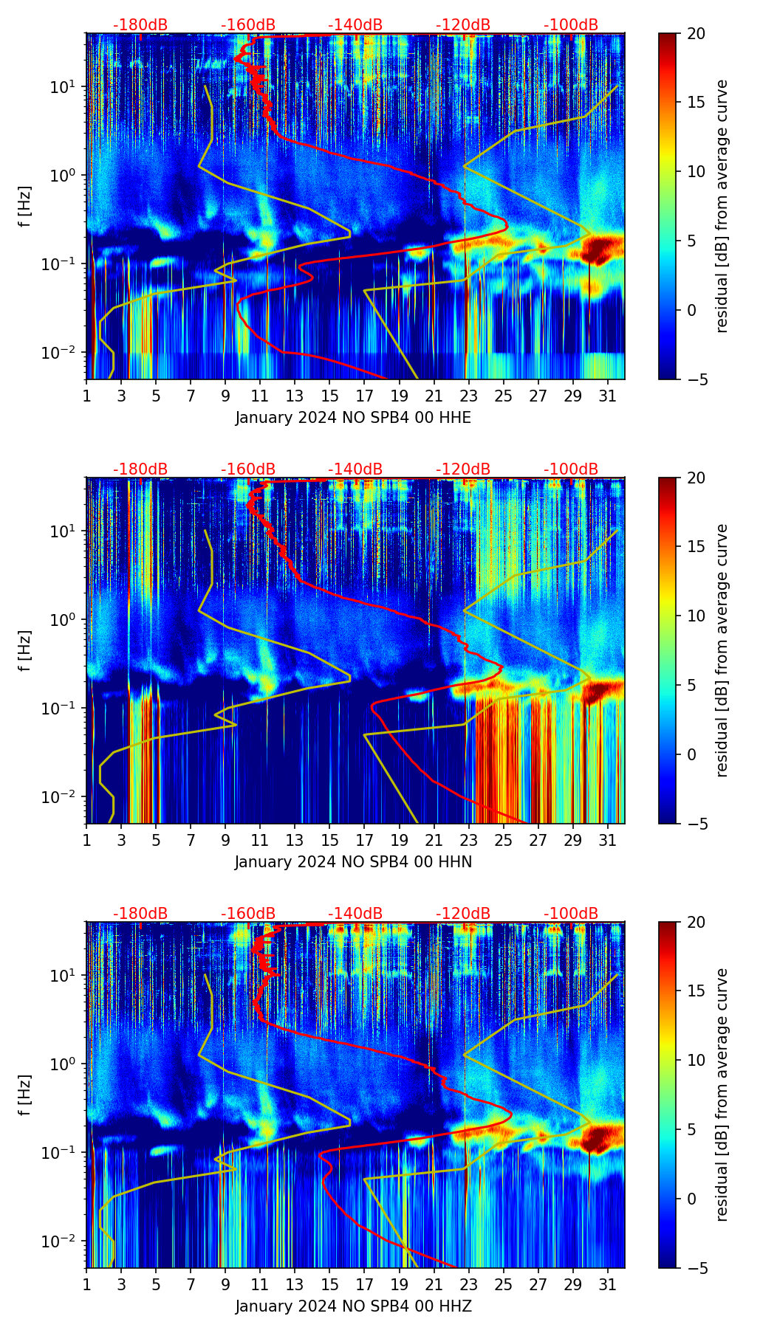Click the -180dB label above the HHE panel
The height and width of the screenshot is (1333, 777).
pos(140,25)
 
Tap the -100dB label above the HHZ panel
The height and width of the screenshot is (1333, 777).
pos(571,914)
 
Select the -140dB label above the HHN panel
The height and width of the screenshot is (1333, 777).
pos(355,469)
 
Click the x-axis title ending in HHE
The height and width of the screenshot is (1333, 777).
pos(353,418)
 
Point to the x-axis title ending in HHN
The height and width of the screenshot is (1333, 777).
pos(353,862)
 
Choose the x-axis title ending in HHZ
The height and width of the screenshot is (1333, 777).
pos(353,1306)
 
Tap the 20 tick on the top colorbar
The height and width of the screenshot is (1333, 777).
pos(696,34)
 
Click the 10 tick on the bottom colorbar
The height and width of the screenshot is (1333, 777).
pos(696,1060)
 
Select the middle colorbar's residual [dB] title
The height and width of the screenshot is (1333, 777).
pos(722,650)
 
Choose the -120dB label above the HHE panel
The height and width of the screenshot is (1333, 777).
pos(463,25)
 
